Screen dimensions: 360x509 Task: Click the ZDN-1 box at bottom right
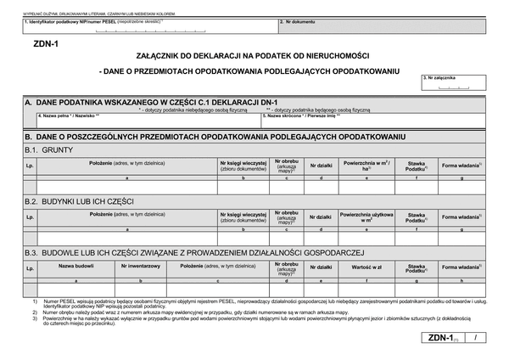pos(440,340)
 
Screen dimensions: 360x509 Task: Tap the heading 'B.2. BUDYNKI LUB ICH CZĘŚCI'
pos(80,201)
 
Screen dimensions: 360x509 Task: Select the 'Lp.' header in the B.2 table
pos(30,217)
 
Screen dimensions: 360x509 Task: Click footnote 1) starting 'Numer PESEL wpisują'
pos(255,302)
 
